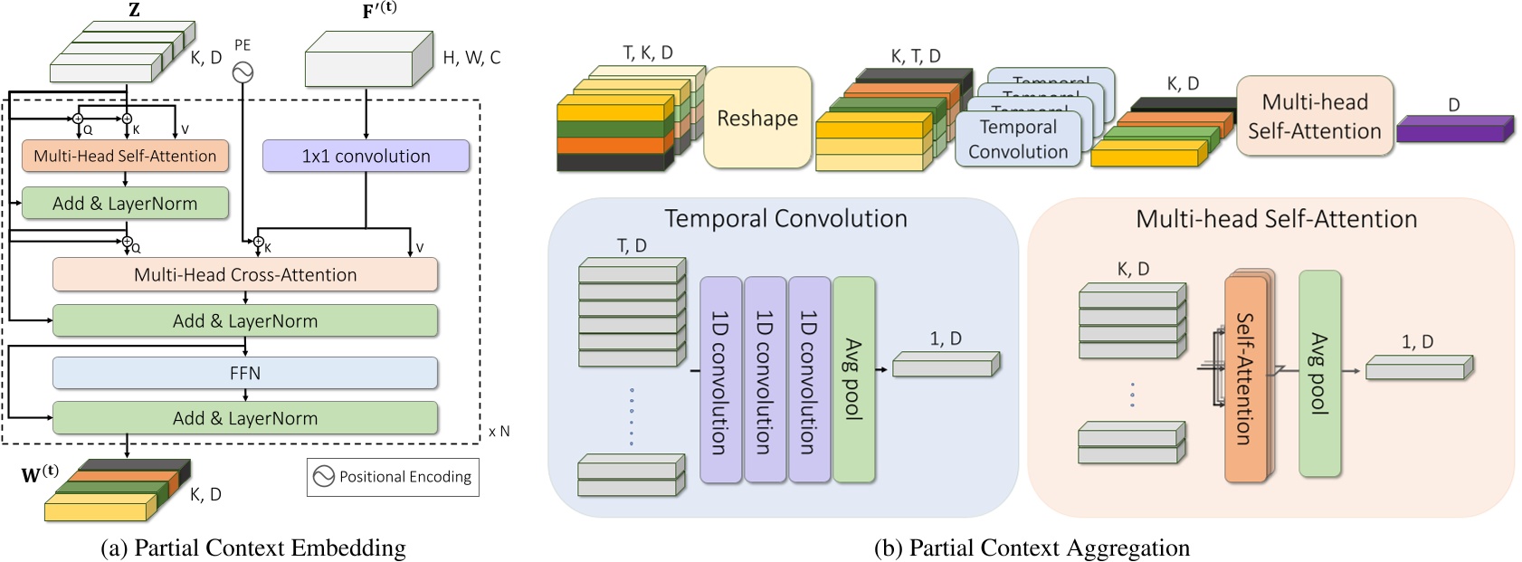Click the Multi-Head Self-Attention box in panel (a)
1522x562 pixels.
pos(125,156)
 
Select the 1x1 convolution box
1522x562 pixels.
pos(366,156)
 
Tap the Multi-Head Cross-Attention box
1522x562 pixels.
pos(244,274)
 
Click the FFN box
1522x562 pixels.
pos(244,373)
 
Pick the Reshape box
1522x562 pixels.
pos(757,118)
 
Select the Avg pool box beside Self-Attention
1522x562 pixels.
pos(1319,373)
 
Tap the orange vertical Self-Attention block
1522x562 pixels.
pos(1245,378)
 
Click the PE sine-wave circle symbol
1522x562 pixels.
pos(243,71)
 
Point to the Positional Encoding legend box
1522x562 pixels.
pos(393,477)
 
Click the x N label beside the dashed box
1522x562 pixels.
pos(499,432)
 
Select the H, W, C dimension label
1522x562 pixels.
pos(471,58)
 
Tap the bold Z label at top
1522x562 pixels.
pos(134,11)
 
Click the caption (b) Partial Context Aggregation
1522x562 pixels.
pos(1032,548)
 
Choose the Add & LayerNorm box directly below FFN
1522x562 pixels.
pos(244,418)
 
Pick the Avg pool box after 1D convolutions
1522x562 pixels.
pos(853,378)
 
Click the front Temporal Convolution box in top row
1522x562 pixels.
pos(1018,139)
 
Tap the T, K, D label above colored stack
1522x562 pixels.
pos(648,53)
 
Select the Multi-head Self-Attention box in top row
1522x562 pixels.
pos(1314,116)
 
